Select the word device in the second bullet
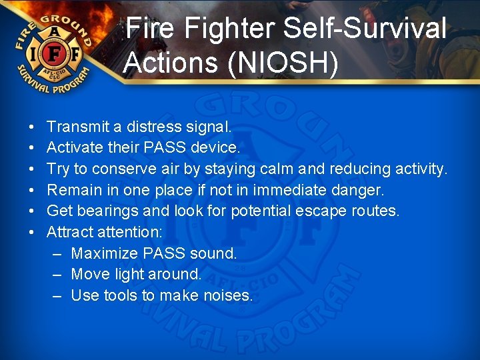click(x=215, y=148)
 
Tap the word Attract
click(x=70, y=233)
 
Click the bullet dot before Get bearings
click(x=32, y=212)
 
